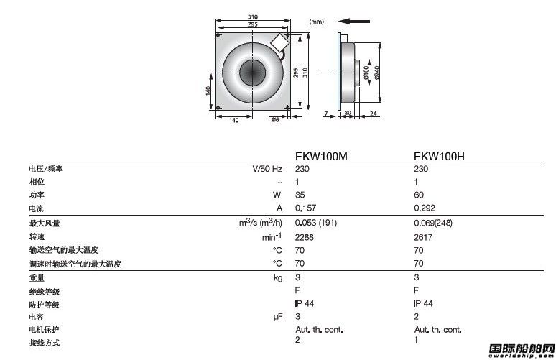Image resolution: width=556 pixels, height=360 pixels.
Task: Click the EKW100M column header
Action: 321,156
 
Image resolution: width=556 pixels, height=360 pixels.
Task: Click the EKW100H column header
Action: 439,156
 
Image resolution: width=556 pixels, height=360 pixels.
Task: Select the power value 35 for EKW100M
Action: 300,195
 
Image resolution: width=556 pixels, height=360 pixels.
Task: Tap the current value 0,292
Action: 425,208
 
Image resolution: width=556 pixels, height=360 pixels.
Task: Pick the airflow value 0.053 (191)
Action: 316,223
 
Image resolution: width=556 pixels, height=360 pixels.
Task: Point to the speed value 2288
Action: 305,237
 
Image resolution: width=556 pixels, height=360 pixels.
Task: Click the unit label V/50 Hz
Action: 267,169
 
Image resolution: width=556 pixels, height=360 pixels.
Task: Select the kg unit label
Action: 278,277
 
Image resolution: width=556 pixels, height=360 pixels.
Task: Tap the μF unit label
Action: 278,317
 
